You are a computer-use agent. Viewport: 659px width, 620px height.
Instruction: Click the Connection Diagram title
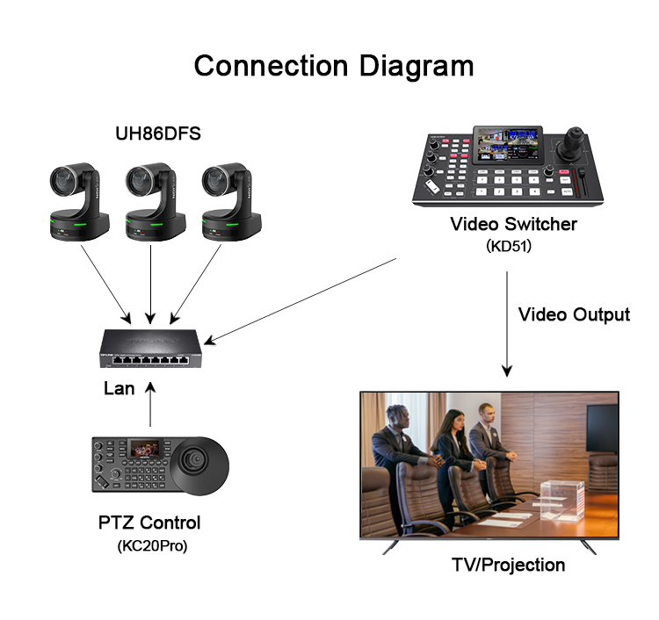(x=333, y=66)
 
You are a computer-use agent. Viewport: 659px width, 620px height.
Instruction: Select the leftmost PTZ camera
(x=78, y=201)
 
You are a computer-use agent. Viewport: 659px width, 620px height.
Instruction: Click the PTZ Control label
(x=150, y=523)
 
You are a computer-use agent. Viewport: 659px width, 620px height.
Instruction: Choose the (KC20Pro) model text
(x=151, y=546)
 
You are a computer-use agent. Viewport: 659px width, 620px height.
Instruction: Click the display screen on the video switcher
(x=508, y=147)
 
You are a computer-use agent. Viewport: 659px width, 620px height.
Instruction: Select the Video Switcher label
(x=514, y=224)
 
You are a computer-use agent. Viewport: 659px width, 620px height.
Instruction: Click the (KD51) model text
(x=509, y=247)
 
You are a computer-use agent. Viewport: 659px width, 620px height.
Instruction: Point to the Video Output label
(x=574, y=314)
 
